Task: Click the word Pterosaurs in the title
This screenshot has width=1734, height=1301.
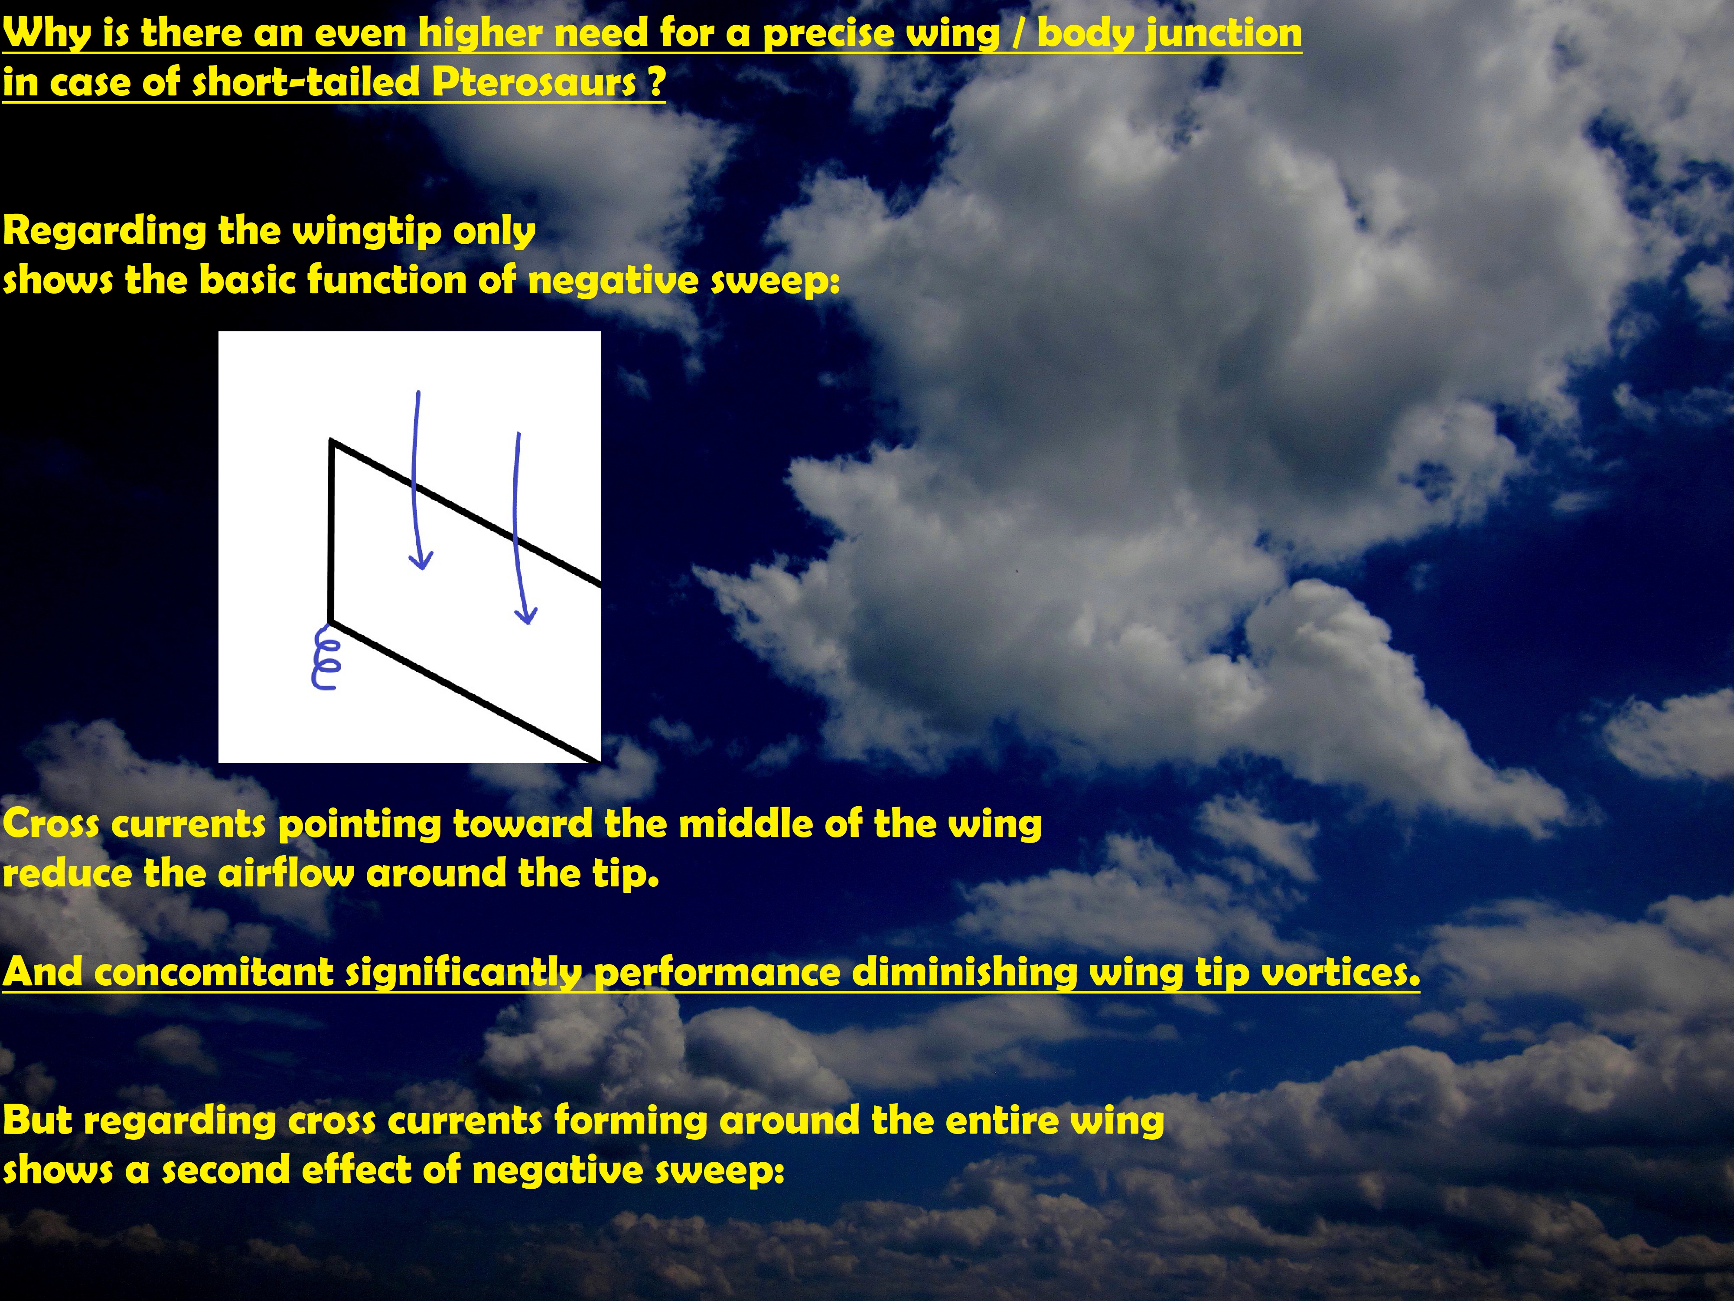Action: pos(534,82)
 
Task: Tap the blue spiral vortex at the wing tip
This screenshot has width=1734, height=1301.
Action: pos(325,657)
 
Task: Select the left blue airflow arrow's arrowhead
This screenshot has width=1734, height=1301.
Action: pos(421,559)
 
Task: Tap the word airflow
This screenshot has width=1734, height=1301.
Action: pos(285,873)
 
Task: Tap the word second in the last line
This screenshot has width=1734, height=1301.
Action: pos(227,1169)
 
